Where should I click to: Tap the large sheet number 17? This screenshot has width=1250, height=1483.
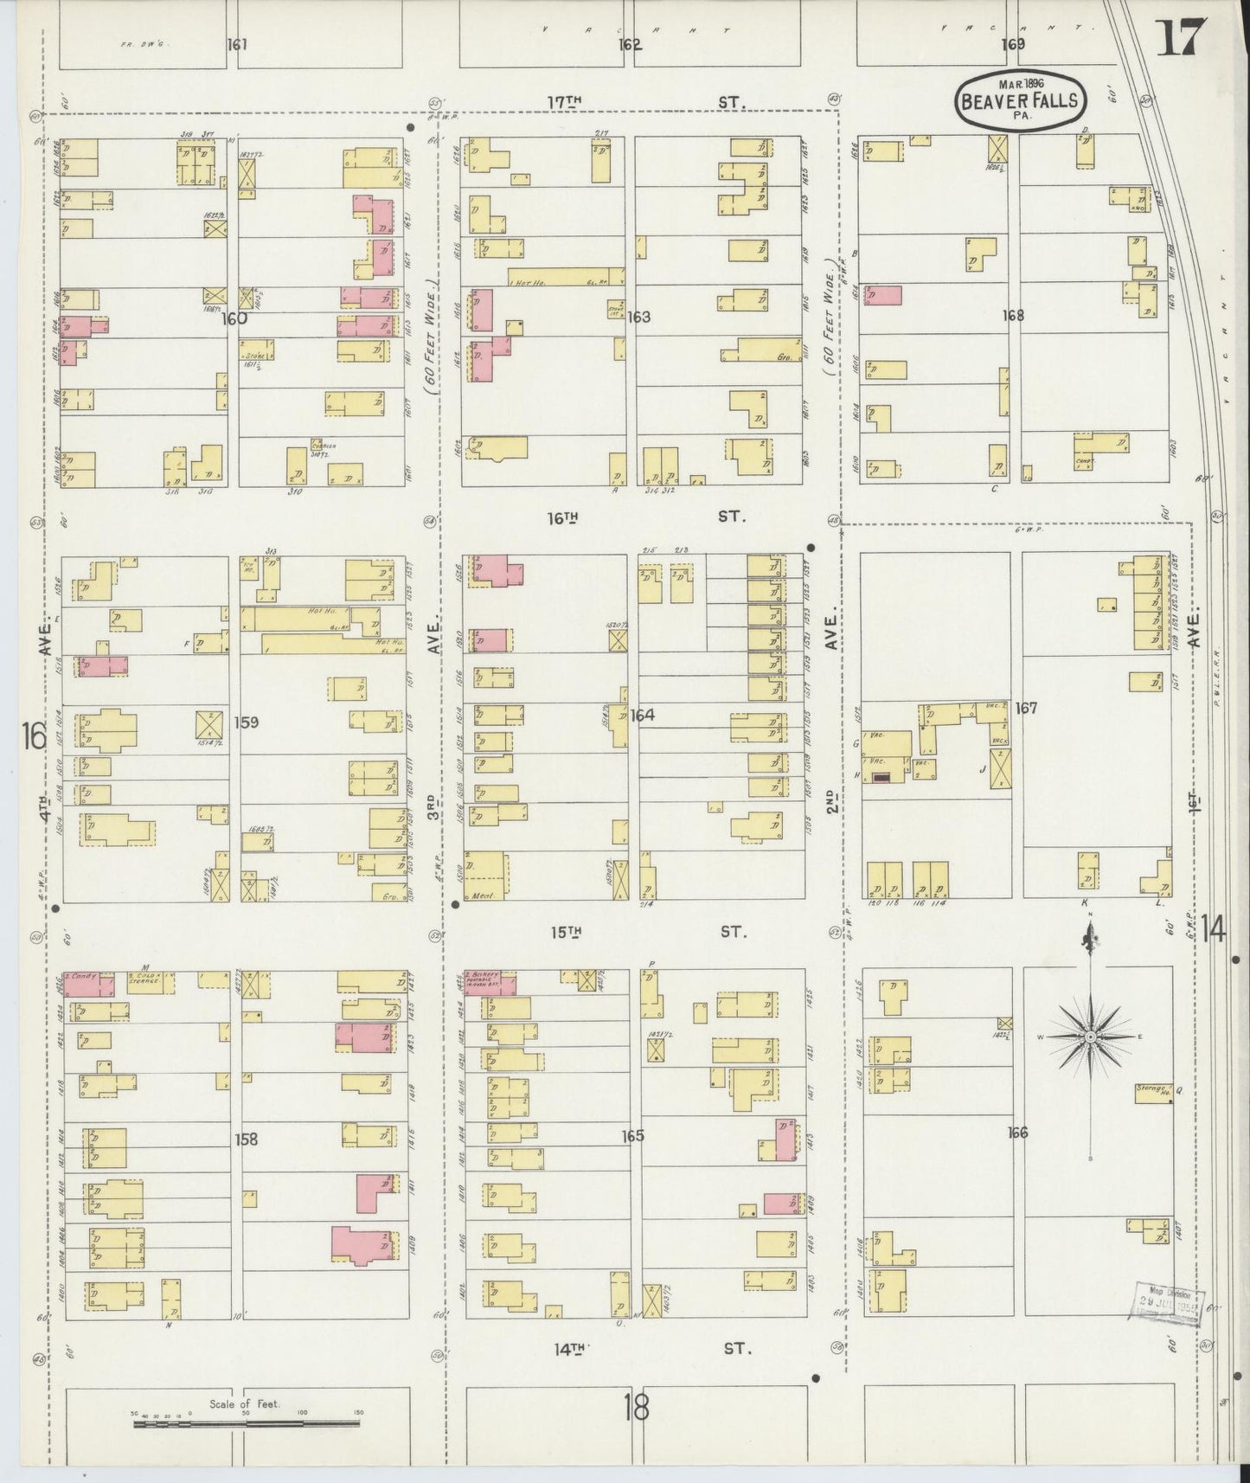(1180, 37)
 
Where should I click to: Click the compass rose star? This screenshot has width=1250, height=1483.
(1090, 1036)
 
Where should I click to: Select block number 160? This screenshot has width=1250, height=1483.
(234, 318)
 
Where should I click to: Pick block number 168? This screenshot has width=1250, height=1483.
(1013, 315)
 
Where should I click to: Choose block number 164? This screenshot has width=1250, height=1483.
(642, 716)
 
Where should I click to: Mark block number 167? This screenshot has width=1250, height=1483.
(1026, 708)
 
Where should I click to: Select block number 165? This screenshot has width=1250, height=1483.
(633, 1135)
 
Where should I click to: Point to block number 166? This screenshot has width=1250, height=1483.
(1017, 1132)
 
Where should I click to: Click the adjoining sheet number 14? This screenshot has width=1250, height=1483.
(1213, 930)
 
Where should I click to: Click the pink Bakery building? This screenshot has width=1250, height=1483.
(490, 984)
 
